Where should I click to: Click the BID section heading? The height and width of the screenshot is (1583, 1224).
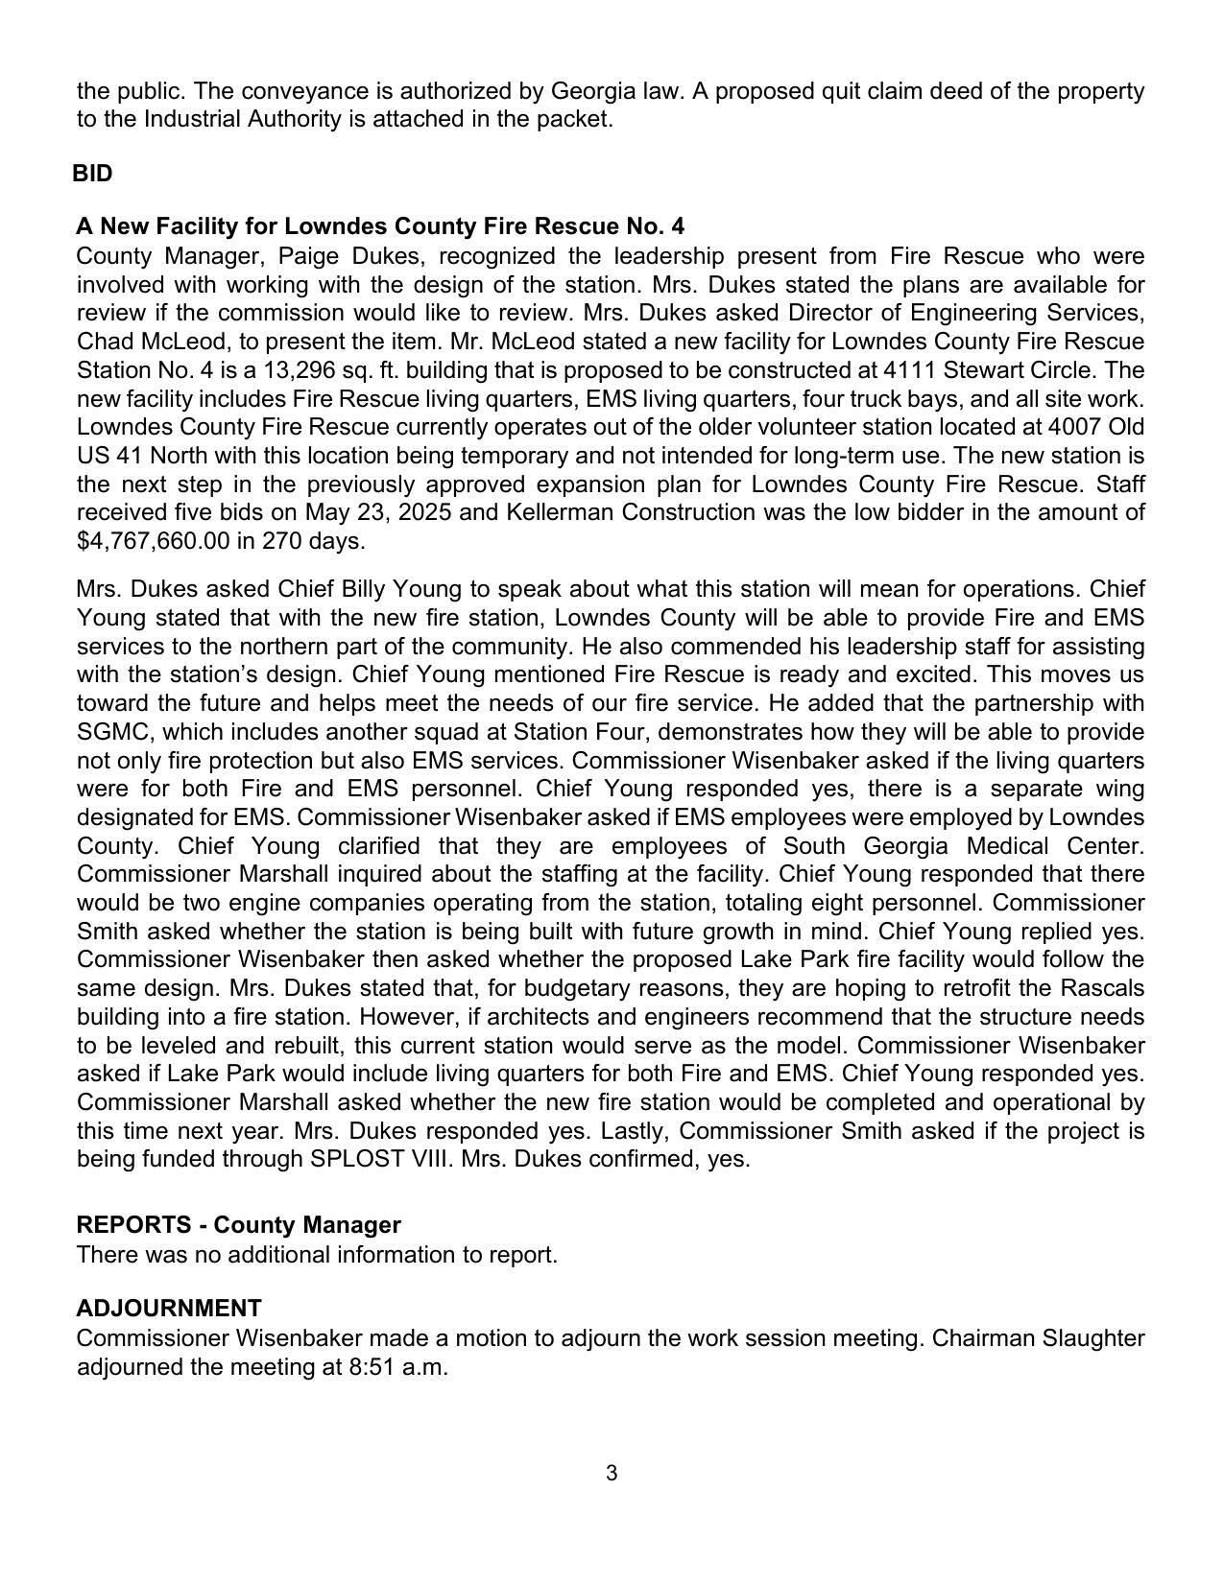click(x=92, y=174)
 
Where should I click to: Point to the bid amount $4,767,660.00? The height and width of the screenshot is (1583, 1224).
click(x=154, y=541)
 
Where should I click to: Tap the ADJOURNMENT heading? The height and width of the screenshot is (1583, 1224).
click(x=169, y=1309)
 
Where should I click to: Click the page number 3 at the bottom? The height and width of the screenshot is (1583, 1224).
click(x=612, y=1474)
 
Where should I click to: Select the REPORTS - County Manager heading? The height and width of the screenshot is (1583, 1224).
click(x=238, y=1225)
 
